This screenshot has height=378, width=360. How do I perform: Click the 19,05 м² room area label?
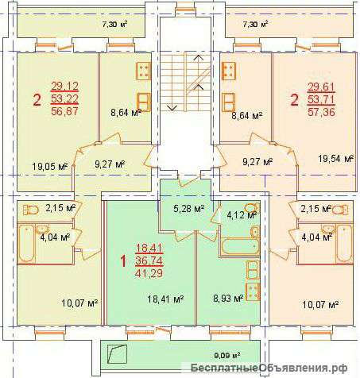click(50, 167)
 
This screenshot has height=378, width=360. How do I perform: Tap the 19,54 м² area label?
click(336, 159)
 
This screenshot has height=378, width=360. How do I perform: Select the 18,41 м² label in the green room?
click(166, 299)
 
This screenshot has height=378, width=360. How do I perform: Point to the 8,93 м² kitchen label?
click(228, 299)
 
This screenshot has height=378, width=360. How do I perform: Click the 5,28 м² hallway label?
click(189, 209)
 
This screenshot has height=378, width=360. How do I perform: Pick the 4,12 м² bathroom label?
click(242, 215)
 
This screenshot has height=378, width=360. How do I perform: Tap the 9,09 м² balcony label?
click(227, 355)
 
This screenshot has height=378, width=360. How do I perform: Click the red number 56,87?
click(65, 111)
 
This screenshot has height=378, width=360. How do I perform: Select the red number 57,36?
click(321, 112)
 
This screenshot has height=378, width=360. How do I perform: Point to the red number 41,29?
click(149, 273)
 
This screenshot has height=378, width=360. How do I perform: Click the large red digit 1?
click(123, 261)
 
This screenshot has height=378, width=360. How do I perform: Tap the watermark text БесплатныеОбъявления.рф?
click(269, 368)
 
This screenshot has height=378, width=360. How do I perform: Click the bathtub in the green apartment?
click(239, 247)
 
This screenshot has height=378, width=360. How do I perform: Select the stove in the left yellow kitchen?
click(143, 71)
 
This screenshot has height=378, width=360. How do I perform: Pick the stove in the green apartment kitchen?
click(253, 291)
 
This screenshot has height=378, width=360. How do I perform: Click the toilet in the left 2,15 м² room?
click(31, 210)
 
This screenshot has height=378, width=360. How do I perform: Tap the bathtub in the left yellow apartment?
click(26, 244)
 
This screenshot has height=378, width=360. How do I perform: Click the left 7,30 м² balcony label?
click(114, 25)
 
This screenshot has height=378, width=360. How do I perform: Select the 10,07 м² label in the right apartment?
click(320, 305)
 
